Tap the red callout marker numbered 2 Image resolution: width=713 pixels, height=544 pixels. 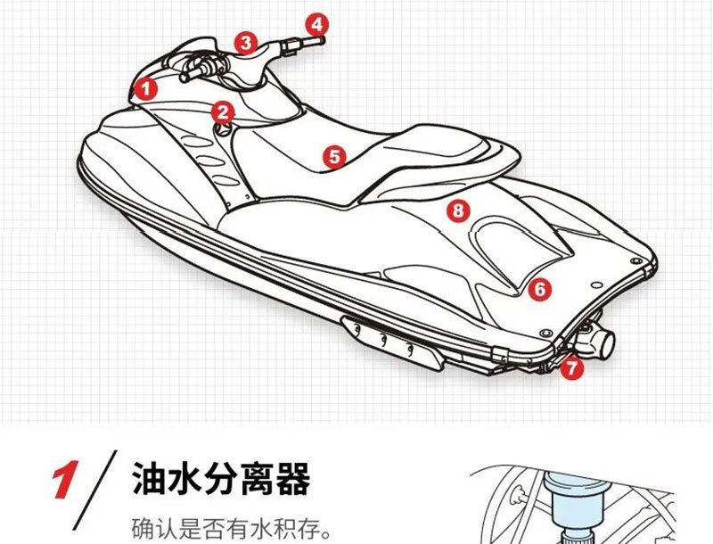tap(223, 111)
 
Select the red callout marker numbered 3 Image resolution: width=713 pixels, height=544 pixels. tap(247, 41)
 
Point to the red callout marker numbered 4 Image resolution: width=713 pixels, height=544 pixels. tap(318, 24)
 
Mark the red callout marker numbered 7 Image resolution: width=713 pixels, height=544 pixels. tap(570, 366)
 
